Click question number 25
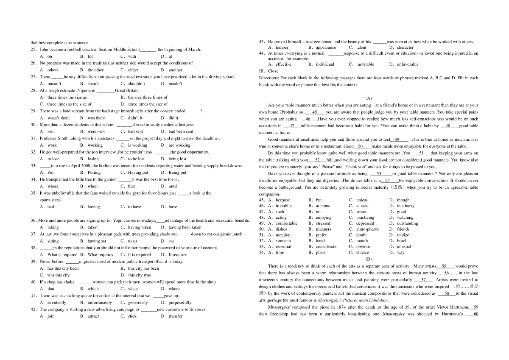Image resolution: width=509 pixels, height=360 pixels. click(34, 49)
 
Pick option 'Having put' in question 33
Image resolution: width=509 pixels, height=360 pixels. click(138, 173)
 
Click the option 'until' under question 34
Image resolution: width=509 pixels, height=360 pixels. click(173, 186)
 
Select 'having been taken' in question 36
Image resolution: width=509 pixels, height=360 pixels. click(185, 227)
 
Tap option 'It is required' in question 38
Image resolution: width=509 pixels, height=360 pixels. click(139, 255)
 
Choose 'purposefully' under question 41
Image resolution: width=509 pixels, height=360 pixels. click(180, 303)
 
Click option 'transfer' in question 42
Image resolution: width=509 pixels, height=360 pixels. click(176, 316)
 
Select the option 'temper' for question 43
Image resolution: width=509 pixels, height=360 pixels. click(282, 47)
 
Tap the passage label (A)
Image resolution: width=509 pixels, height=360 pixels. click(368, 98)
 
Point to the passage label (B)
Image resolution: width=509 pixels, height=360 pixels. click(368, 259)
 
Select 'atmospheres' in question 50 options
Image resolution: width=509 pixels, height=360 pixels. click(367, 229)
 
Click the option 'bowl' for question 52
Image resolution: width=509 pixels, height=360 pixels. click(401, 241)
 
